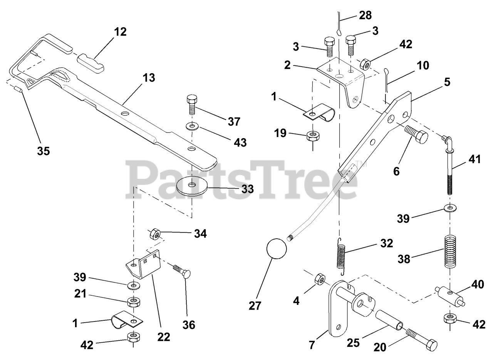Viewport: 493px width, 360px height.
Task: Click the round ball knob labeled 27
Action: (277, 248)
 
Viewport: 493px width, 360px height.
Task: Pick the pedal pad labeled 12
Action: (91, 63)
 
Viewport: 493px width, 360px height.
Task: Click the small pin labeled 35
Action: (18, 90)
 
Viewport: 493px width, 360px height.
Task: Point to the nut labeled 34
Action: (155, 234)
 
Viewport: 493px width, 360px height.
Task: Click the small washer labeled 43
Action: (192, 127)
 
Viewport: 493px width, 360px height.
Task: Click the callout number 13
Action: (149, 78)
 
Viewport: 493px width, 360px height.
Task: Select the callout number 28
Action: (366, 15)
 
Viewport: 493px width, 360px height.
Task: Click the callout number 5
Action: (447, 82)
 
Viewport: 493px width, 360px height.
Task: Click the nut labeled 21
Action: (134, 302)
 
